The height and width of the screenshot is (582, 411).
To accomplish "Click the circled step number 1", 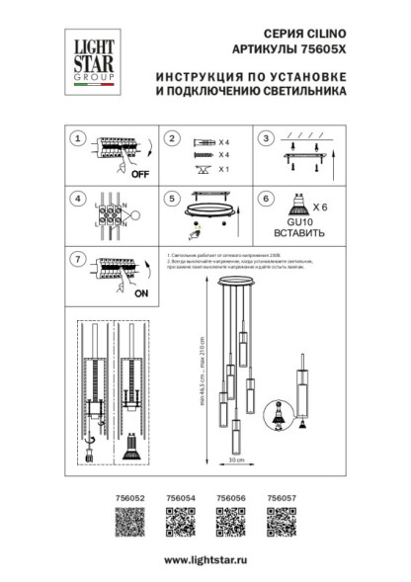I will click(x=77, y=139).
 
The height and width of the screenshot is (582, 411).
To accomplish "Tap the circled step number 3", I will click(x=265, y=139).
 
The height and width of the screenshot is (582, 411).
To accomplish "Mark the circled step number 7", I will click(x=77, y=259).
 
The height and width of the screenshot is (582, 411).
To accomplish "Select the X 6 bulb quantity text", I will click(x=319, y=208).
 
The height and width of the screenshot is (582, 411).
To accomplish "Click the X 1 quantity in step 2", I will click(x=224, y=170).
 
